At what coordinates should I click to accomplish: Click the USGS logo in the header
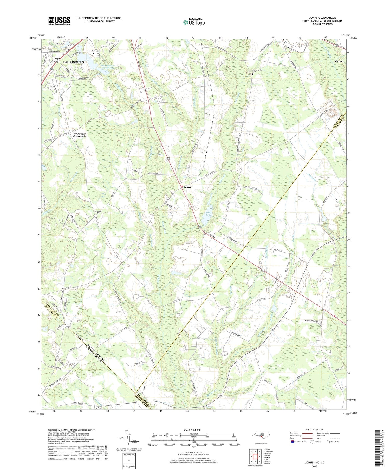pyautogui.click(x=59, y=21)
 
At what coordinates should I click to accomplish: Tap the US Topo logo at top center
pyautogui.click(x=194, y=22)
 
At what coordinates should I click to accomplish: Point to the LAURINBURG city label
pyautogui.click(x=73, y=62)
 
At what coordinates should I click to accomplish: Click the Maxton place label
pyautogui.click(x=339, y=61)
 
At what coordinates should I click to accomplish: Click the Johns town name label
pyautogui.click(x=187, y=187)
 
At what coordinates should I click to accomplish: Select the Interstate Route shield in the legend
pyautogui.click(x=292, y=442)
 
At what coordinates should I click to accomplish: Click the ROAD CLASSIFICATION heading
pyautogui.click(x=314, y=430)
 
